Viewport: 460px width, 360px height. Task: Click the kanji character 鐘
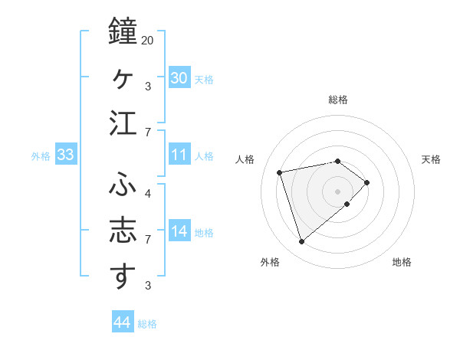123,31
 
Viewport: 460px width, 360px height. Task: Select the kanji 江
123,124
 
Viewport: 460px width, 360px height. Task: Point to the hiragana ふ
123,185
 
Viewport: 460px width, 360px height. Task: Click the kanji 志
123,231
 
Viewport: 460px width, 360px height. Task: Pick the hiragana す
123,277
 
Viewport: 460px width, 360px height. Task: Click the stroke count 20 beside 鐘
148,40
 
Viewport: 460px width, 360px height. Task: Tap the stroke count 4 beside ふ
148,193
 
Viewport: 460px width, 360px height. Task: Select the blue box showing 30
179,77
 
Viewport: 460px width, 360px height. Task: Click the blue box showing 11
179,155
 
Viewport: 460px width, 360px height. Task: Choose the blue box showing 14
179,231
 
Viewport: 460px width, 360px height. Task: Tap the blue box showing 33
66,155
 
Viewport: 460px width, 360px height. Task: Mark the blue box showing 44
123,322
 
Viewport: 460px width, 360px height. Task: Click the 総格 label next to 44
147,324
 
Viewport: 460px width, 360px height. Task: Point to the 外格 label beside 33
41,155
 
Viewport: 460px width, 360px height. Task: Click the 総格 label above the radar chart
337,100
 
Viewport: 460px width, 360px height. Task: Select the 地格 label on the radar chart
402,262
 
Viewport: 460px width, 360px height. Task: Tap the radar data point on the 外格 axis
301,242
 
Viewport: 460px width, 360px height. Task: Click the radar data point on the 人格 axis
280,172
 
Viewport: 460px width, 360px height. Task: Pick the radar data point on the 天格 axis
367,182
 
